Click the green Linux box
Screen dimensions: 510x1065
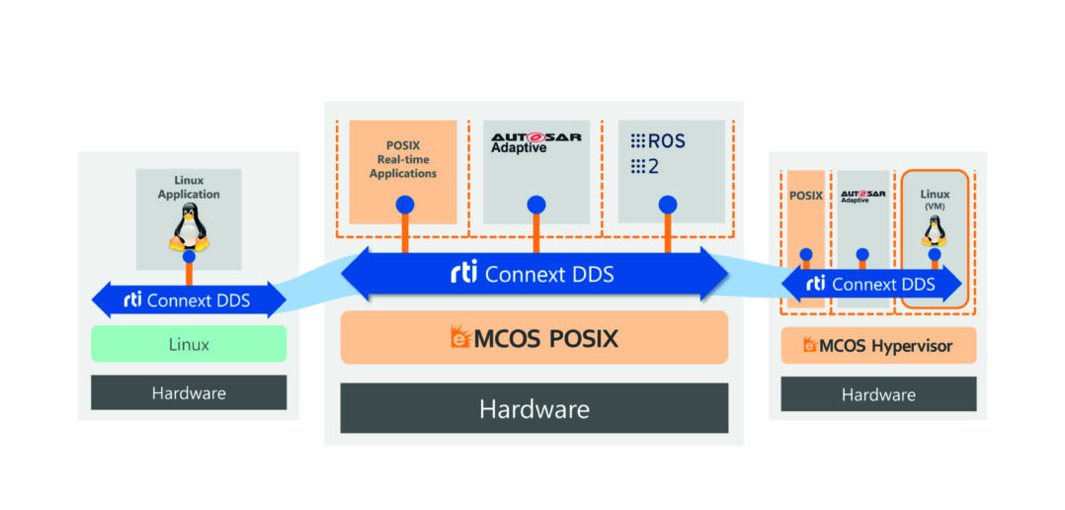pyautogui.click(x=189, y=344)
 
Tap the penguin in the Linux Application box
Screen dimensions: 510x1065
pyautogui.click(x=189, y=228)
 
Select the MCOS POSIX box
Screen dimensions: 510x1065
pyautogui.click(x=533, y=338)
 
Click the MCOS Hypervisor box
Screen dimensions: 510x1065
pyautogui.click(x=878, y=345)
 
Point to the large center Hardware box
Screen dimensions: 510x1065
pyautogui.click(x=533, y=407)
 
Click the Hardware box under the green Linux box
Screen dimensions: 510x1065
pyautogui.click(x=189, y=392)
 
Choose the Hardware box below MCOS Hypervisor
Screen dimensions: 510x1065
pyautogui.click(x=878, y=393)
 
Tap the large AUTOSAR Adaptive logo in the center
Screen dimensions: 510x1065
pyautogui.click(x=535, y=142)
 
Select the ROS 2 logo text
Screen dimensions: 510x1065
pyautogui.click(x=658, y=153)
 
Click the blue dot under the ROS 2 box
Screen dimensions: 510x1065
pyautogui.click(x=668, y=206)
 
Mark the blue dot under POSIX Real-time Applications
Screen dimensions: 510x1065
pyautogui.click(x=404, y=206)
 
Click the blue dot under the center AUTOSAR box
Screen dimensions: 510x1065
pyautogui.click(x=535, y=206)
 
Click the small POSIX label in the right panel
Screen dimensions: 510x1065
pyautogui.click(x=805, y=195)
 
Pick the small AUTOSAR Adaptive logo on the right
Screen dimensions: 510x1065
pyautogui.click(x=862, y=196)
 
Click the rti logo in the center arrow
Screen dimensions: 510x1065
pyautogui.click(x=463, y=274)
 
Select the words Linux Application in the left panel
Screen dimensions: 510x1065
pyautogui.click(x=189, y=188)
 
